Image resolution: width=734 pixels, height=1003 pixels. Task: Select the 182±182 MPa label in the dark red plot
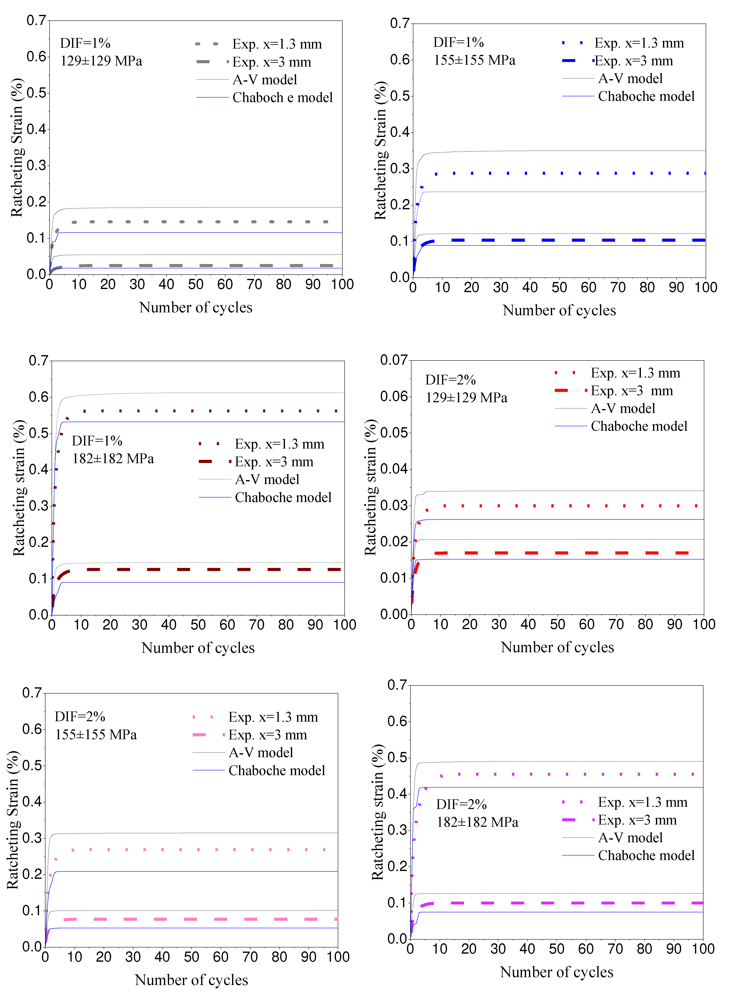coord(113,458)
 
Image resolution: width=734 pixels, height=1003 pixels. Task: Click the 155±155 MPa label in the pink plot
coord(96,734)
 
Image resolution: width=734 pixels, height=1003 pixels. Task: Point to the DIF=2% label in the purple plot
coord(461,804)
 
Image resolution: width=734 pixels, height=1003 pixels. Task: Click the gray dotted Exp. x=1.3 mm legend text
coord(277,44)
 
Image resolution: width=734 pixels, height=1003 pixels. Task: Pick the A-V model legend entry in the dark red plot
coord(267,479)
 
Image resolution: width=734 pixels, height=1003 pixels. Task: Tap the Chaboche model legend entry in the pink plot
coord(276,770)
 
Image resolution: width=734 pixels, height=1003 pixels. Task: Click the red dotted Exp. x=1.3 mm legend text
coord(635,373)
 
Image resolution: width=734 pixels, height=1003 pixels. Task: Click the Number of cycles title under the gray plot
coord(196,307)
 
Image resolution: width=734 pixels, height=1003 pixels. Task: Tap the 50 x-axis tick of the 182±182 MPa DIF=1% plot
coord(198,625)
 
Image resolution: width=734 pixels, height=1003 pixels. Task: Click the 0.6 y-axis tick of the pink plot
coord(32,729)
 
